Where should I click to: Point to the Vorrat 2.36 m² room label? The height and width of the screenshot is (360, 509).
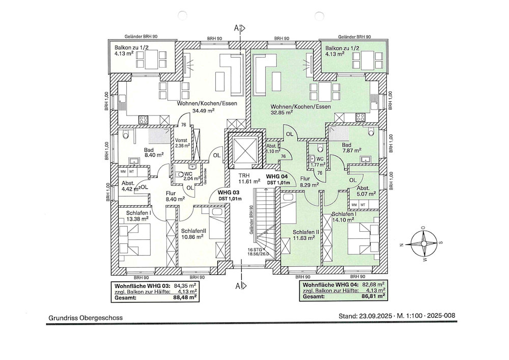pyautogui.click(x=182, y=143)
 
